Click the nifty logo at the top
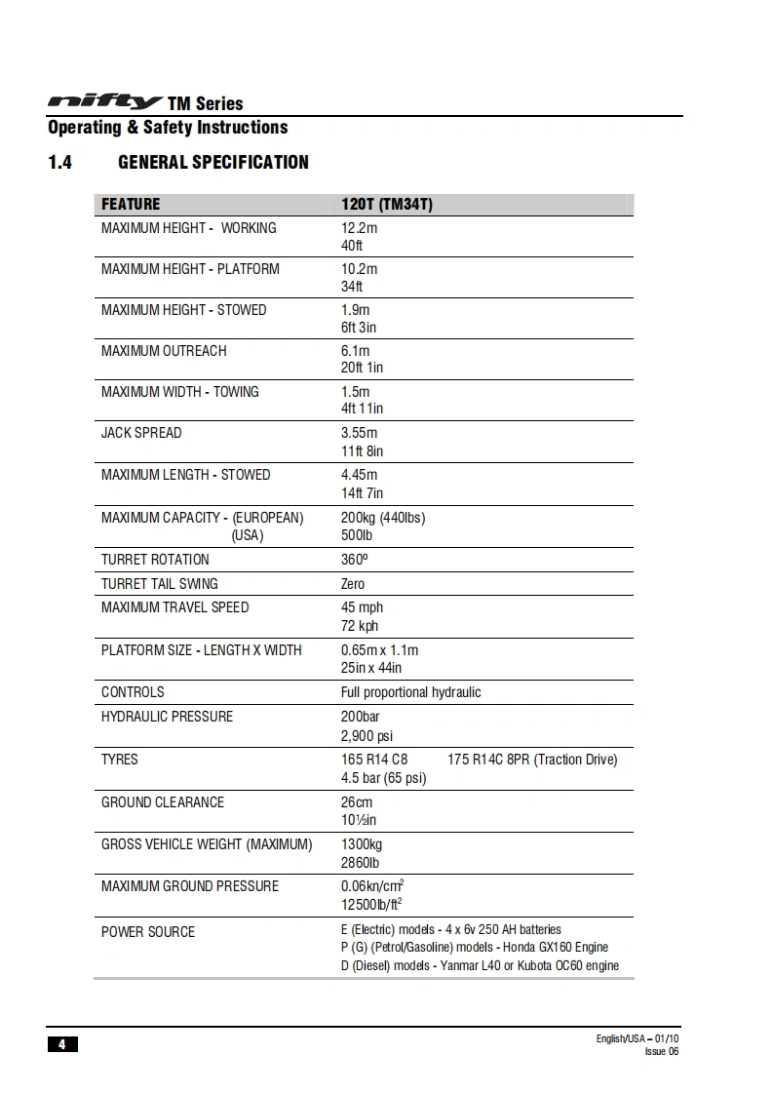(105, 101)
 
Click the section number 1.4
(59, 163)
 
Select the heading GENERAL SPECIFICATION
(213, 163)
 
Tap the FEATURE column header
(131, 205)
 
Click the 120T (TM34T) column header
(386, 205)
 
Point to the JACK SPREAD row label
(141, 433)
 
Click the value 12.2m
(359, 228)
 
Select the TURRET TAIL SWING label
(160, 584)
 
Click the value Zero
(353, 584)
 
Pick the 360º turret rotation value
(355, 560)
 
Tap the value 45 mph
(362, 607)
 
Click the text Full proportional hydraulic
(410, 692)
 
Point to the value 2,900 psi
(367, 736)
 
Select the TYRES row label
(120, 760)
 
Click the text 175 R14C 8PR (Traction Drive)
(532, 760)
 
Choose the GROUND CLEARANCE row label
(163, 802)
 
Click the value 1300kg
(362, 844)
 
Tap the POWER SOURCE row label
(148, 932)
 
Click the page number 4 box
(61, 1044)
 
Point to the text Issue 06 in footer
(661, 1051)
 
